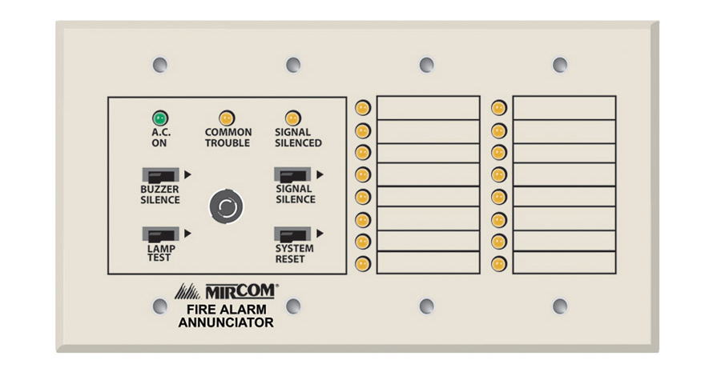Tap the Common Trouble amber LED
[x=227, y=118]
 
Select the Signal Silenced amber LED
[x=293, y=118]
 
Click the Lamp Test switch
[x=161, y=234]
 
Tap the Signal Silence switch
[x=293, y=174]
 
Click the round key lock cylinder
[x=224, y=206]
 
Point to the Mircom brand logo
[x=227, y=290]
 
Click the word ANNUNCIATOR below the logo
[x=227, y=323]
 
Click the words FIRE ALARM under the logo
[x=227, y=309]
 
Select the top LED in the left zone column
[x=363, y=107]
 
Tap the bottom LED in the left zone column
[x=363, y=262]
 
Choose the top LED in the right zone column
[x=498, y=107]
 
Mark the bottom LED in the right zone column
[x=498, y=262]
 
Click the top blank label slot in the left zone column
[x=428, y=107]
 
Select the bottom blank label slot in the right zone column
[x=564, y=262]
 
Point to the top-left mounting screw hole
[x=159, y=65]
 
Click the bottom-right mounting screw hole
[x=560, y=306]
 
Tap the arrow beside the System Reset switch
[x=320, y=234]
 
